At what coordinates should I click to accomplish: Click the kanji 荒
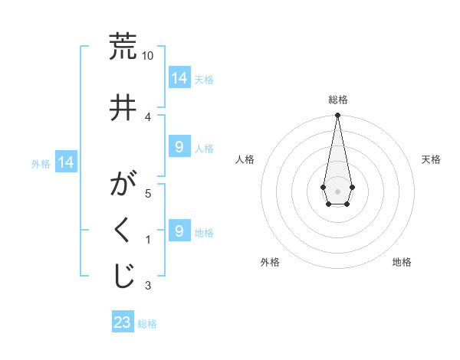(123, 47)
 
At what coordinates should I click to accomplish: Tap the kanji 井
(123, 106)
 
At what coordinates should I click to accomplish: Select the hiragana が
(123, 185)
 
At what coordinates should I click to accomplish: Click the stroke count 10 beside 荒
(148, 56)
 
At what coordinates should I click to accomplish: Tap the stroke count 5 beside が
(148, 194)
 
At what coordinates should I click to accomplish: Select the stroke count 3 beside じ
(148, 286)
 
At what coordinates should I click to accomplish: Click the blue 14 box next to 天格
(179, 78)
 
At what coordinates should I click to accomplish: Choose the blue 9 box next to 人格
(179, 147)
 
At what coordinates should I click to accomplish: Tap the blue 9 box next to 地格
(179, 231)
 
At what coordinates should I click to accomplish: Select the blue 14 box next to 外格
(66, 162)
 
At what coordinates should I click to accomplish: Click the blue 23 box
(123, 322)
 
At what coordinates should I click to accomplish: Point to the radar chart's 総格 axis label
(337, 100)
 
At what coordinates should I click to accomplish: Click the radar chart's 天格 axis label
(431, 159)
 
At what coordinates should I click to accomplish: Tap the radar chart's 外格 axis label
(270, 262)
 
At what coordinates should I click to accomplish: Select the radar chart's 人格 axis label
(245, 159)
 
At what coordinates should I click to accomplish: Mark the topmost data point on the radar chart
(337, 116)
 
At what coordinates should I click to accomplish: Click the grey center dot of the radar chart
(337, 190)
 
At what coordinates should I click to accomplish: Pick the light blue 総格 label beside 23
(147, 324)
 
